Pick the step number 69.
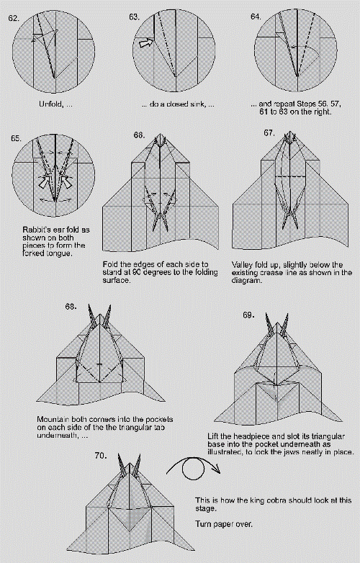(x=248, y=315)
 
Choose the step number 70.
(x=100, y=455)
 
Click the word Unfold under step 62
(x=50, y=104)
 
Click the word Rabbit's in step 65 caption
(x=36, y=230)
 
